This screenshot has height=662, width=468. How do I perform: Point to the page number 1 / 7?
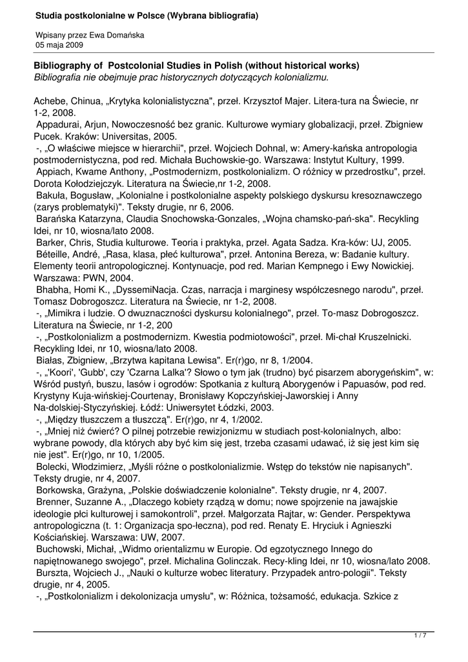point(420,636)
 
